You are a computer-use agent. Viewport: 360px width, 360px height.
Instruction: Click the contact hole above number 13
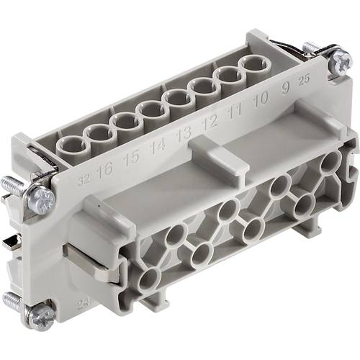[177, 101]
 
